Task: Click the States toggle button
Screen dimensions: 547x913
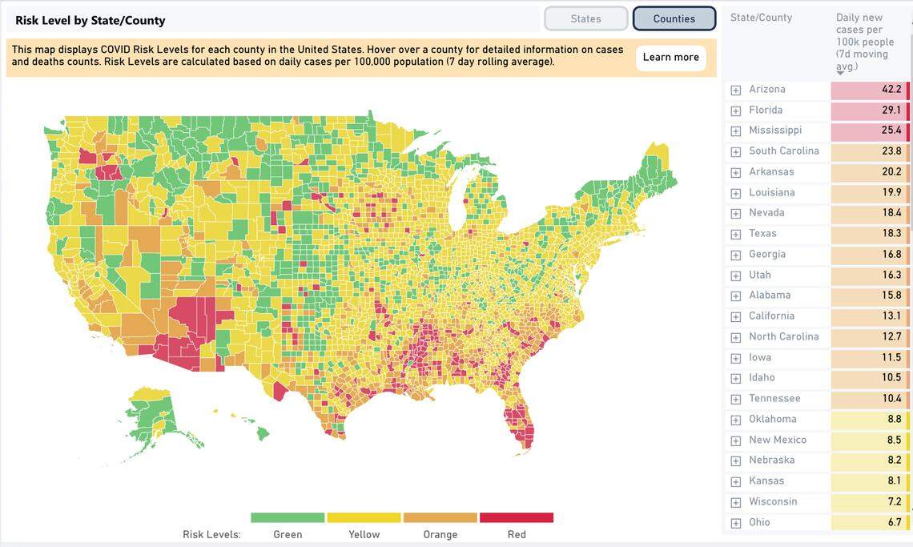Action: pos(585,18)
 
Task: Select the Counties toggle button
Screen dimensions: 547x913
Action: pos(674,18)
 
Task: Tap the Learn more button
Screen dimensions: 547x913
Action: pos(670,57)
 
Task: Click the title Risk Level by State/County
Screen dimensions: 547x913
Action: pos(90,20)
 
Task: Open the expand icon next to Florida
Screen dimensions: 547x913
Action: pos(735,111)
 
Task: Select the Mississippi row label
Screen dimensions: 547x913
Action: pos(774,131)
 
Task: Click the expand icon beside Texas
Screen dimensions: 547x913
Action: pos(735,234)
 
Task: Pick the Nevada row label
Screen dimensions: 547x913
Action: pos(766,213)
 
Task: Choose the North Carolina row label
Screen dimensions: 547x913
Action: pos(783,337)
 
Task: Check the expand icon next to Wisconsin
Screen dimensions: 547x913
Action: pos(735,502)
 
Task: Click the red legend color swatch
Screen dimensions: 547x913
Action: pos(516,517)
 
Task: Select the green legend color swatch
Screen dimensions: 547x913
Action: pos(288,517)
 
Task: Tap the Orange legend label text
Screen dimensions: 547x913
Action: pos(440,534)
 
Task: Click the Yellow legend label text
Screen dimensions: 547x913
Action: pos(364,534)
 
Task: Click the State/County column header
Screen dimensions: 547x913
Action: pos(761,18)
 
